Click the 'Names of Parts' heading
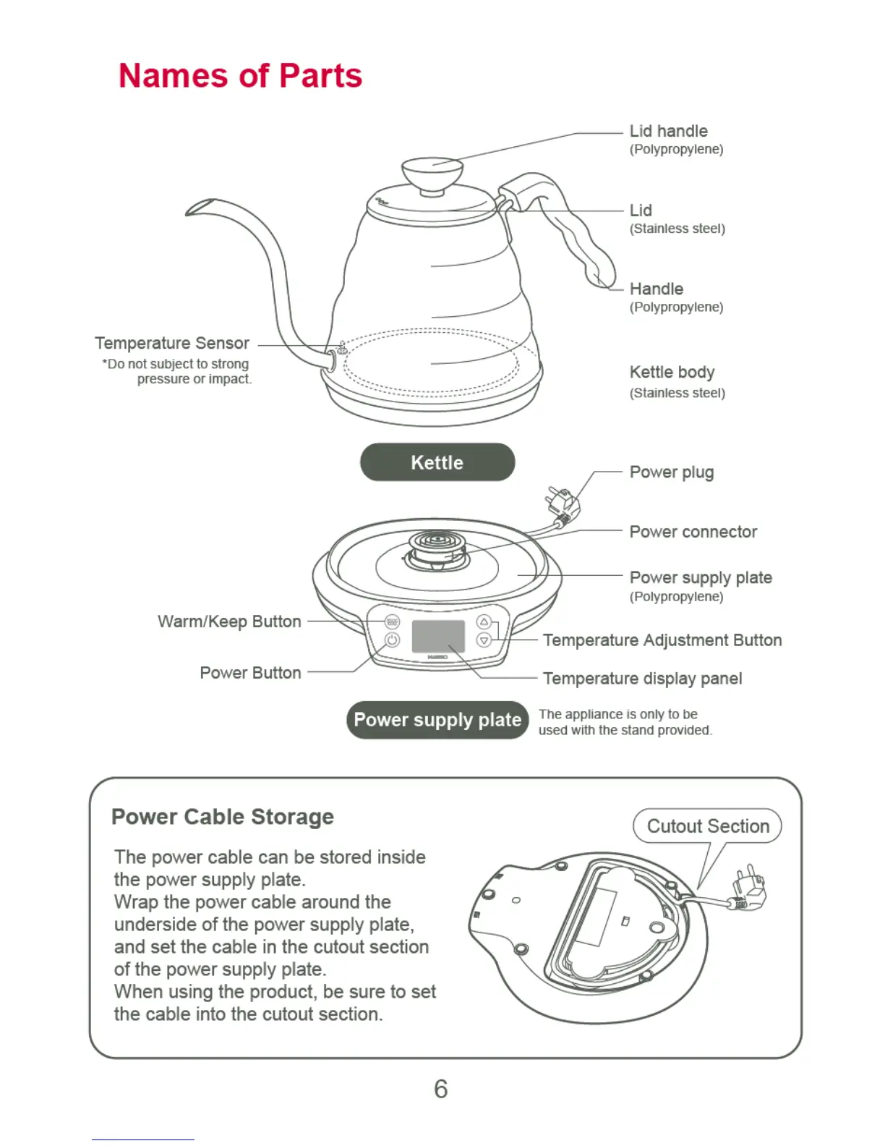point(240,76)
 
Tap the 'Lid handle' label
point(668,131)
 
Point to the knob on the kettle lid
point(432,172)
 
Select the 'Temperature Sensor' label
point(172,343)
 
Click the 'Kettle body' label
point(672,372)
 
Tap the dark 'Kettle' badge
point(437,462)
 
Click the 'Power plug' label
point(671,472)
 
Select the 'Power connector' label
point(693,532)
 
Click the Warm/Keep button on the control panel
point(392,621)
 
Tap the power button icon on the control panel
point(392,640)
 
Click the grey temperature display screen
point(438,636)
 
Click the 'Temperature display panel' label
point(642,679)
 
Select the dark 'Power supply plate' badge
point(437,720)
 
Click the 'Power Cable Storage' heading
point(223,817)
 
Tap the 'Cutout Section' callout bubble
point(707,826)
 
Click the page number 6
point(441,1089)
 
